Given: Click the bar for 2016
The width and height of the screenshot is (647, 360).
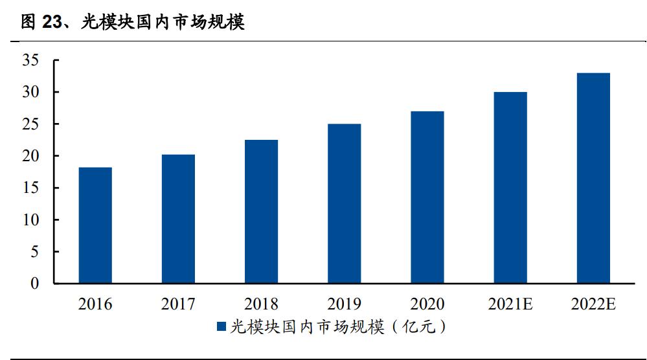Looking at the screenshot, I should point(95,225).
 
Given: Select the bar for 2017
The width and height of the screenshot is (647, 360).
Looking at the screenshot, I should point(178,219).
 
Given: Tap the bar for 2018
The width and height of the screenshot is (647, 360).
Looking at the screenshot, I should point(261,212).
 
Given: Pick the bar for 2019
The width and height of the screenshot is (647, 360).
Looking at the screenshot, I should point(344,204).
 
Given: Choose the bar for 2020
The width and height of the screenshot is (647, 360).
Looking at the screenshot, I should point(427,197).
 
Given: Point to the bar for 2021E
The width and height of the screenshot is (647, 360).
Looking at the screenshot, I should point(510,188).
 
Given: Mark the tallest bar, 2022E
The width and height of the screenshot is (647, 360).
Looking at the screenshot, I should point(593,178).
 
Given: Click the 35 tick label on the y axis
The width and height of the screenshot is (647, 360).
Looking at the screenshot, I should point(31,61).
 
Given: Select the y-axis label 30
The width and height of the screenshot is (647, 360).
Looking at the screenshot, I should point(31,93).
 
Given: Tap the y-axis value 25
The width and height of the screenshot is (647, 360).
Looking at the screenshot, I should point(31,124).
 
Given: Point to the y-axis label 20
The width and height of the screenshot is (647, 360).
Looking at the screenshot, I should point(31,156).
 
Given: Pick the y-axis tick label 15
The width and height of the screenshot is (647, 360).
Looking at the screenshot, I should point(31,188).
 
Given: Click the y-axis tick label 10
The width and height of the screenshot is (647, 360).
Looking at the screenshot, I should point(31,220).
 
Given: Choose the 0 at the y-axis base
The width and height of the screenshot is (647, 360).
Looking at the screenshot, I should point(36,284).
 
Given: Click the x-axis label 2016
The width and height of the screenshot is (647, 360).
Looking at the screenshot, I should point(95,304).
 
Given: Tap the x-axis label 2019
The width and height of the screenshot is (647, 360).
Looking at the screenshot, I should point(344,304).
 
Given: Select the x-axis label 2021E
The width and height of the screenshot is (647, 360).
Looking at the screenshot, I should point(510,304).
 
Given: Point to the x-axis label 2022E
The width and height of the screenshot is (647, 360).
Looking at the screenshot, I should point(593,304).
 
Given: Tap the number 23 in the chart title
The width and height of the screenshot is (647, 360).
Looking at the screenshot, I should point(51,23).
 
